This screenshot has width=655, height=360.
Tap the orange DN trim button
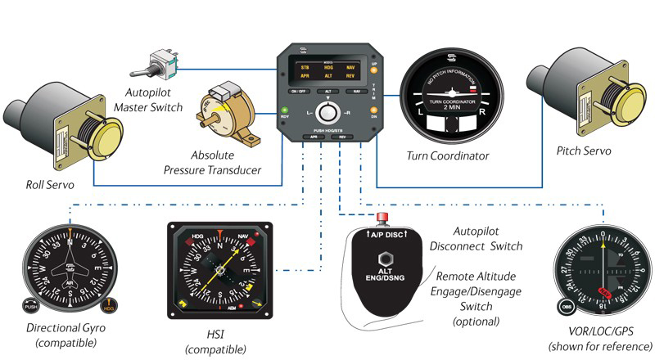tap(374, 109)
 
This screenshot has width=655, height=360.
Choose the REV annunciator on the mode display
tap(350, 75)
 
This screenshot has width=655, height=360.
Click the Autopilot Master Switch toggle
tap(159, 64)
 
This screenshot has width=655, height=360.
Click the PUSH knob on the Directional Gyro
tap(33, 311)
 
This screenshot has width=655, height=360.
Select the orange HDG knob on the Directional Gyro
tap(110, 311)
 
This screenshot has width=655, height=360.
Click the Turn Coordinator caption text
tap(447, 155)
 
